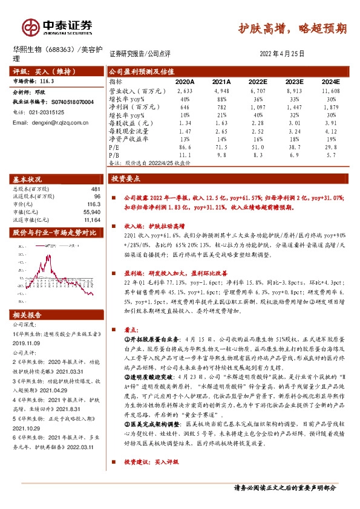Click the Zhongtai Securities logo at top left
pyautogui.click(x=57, y=27)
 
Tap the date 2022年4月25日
pyautogui.click(x=281, y=53)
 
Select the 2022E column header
pyautogui.click(x=257, y=81)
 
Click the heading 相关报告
pyautogui.click(x=28, y=314)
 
